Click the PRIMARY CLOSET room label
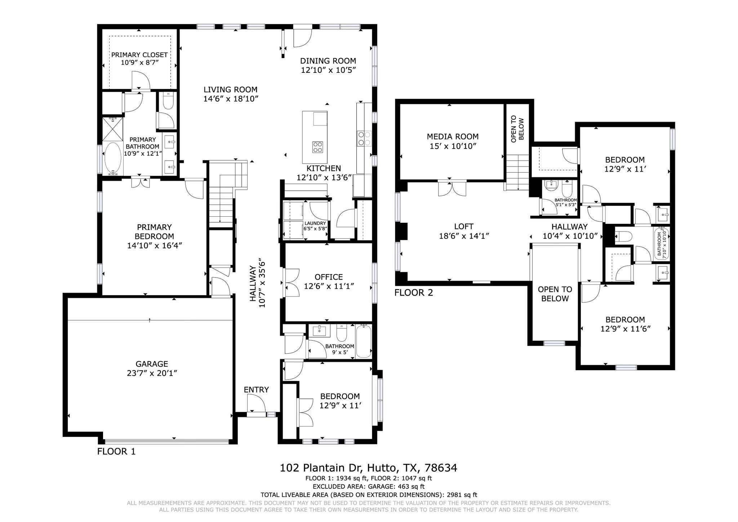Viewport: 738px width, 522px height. point(139,55)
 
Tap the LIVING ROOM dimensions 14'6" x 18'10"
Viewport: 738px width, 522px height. point(231,99)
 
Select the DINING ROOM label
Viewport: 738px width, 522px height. point(328,61)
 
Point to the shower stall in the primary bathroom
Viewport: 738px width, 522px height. point(113,129)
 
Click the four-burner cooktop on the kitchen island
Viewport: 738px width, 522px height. point(317,147)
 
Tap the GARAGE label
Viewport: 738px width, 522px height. point(152,364)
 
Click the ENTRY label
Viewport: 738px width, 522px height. point(256,390)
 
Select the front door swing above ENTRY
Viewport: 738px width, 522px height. point(255,403)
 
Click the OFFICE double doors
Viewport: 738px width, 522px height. point(291,283)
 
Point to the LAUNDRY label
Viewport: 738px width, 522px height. point(315,224)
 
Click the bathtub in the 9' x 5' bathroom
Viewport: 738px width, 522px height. point(363,341)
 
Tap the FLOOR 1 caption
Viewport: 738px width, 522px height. point(116,451)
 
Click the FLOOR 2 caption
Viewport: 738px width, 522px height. point(413,292)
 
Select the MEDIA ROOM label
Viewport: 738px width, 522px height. point(453,137)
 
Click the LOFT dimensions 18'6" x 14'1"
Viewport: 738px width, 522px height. point(463,236)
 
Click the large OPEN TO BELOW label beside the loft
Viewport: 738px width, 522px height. point(555,294)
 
